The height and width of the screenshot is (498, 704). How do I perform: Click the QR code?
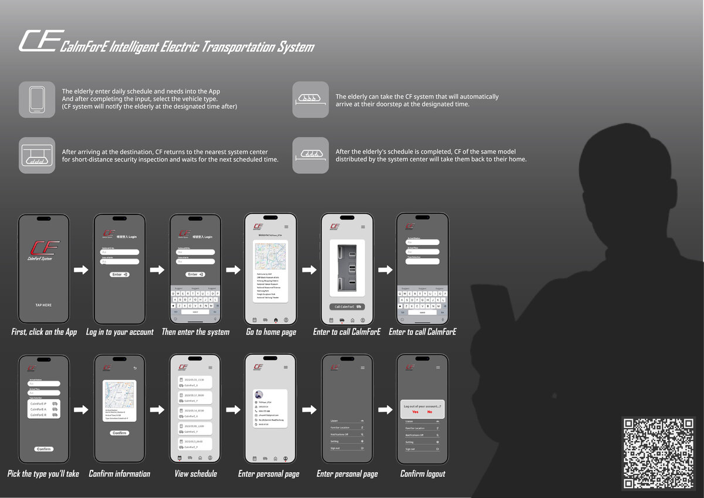tap(658, 452)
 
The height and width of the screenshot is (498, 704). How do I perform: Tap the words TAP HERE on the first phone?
tap(43, 305)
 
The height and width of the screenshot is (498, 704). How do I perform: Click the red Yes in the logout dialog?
tap(415, 412)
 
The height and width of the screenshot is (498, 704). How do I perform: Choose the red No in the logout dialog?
tap(429, 412)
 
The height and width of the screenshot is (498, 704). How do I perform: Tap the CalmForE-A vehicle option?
tap(44, 409)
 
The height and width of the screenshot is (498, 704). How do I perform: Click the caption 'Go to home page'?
tap(271, 332)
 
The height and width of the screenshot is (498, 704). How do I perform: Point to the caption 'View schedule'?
tap(195, 474)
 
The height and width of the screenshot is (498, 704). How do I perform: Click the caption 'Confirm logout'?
tap(422, 474)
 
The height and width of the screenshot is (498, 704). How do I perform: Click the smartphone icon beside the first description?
tap(37, 99)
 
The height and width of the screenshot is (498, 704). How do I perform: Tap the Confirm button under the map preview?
tap(119, 433)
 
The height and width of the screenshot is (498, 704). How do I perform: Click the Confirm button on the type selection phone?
tap(44, 449)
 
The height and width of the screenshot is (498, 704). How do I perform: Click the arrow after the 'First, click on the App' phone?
tap(80, 270)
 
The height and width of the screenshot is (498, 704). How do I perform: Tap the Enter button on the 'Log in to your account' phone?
tap(120, 274)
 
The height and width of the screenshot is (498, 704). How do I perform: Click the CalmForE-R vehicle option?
tap(44, 415)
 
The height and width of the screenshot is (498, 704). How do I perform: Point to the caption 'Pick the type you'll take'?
tap(43, 474)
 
